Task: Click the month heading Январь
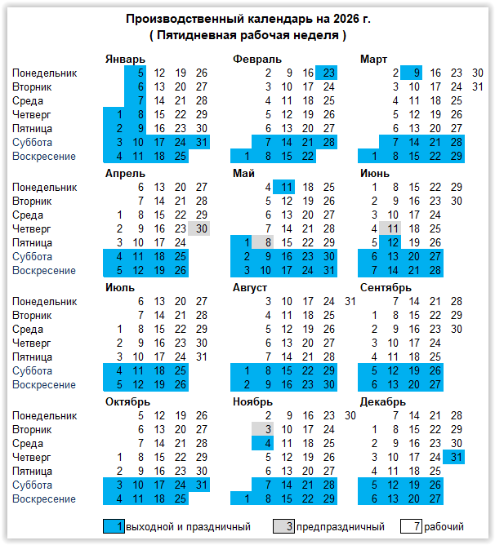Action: (126, 60)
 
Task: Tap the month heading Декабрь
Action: (381, 402)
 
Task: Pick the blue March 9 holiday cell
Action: (413, 73)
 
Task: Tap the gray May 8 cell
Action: (265, 243)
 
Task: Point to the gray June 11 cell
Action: (392, 229)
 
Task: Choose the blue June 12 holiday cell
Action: (392, 243)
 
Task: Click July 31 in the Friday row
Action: (201, 357)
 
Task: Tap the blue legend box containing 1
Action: (114, 527)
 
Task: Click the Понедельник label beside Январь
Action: (45, 73)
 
